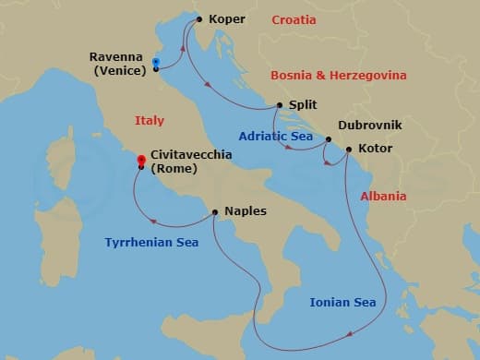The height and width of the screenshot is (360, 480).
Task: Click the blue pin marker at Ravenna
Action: point(156,64)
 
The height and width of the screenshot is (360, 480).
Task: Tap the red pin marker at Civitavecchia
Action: point(141,161)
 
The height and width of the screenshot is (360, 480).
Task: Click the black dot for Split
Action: point(278,106)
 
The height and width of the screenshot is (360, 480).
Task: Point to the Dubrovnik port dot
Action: point(329,139)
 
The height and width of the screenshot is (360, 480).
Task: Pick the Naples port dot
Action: point(214,211)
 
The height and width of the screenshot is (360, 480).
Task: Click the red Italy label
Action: point(149,120)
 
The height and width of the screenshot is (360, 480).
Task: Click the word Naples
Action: point(245,211)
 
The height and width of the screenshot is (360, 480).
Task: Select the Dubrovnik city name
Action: point(369,122)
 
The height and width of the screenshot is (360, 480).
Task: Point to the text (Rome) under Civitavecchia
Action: point(174,169)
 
